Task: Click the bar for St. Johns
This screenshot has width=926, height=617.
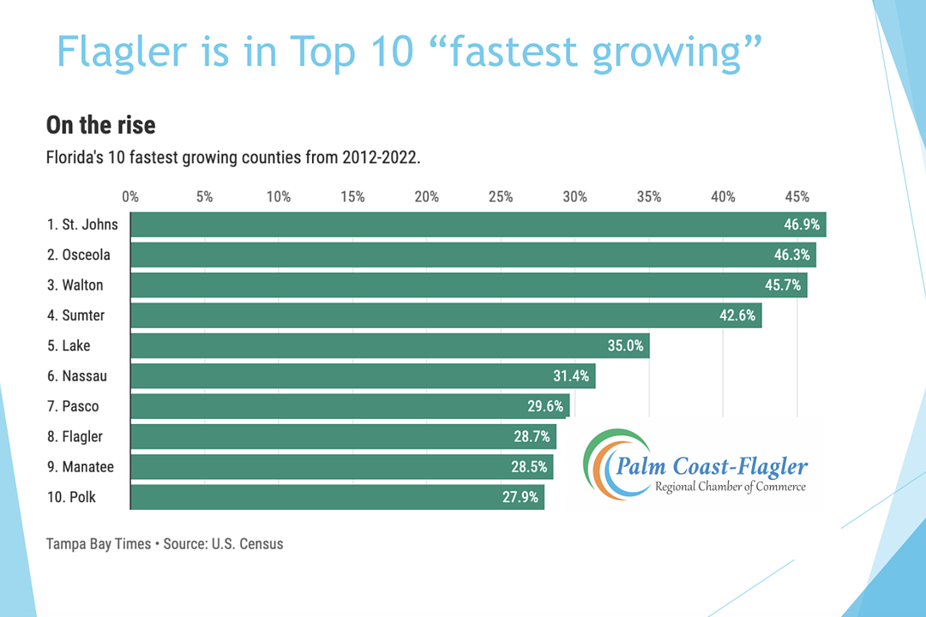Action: tap(477, 225)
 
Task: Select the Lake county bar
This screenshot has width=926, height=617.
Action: tap(389, 345)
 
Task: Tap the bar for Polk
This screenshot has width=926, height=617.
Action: tap(337, 497)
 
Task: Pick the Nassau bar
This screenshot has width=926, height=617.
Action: tap(362, 376)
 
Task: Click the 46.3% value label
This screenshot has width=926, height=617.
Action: tap(792, 255)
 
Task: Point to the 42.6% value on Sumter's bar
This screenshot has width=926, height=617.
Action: tap(737, 315)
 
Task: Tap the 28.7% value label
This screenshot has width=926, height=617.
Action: tap(532, 437)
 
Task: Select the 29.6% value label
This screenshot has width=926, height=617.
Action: tap(545, 406)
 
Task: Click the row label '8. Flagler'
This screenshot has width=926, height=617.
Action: tap(75, 437)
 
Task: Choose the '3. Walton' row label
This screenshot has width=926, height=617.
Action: tap(75, 285)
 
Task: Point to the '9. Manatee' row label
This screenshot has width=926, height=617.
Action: tap(81, 467)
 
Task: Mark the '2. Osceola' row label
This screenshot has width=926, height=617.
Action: tap(79, 255)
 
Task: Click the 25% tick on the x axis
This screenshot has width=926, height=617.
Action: tap(501, 197)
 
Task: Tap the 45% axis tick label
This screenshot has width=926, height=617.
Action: tap(797, 197)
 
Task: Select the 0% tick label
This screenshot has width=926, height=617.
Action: tap(130, 197)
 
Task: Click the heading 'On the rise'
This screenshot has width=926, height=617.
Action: tap(100, 125)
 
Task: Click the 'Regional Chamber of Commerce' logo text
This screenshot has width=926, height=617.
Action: tap(730, 487)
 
